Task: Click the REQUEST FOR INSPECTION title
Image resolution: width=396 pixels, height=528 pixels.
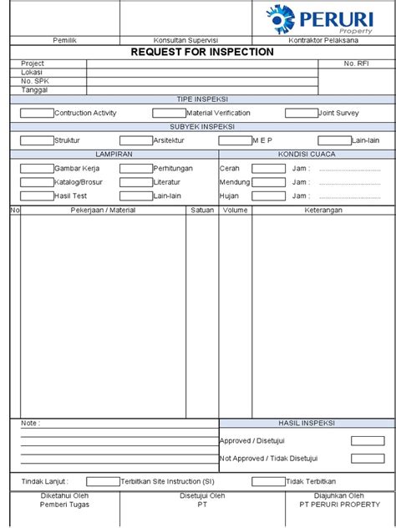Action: point(202,52)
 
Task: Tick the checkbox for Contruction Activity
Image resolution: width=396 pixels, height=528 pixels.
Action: point(37,113)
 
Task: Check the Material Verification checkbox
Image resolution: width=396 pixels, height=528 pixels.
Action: point(169,113)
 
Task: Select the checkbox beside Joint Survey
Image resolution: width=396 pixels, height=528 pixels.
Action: point(302,113)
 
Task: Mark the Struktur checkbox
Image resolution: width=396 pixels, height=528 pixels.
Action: point(37,140)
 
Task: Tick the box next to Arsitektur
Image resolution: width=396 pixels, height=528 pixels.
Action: point(136,140)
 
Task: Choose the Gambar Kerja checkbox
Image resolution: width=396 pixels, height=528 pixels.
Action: point(37,168)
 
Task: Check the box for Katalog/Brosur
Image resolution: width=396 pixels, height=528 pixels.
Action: point(37,182)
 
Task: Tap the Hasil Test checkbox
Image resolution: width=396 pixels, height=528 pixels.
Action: point(37,195)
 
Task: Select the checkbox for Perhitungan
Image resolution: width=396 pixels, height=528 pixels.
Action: point(136,168)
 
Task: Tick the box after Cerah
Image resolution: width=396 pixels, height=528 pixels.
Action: point(268,168)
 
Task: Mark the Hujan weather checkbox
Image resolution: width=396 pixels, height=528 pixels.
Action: point(268,195)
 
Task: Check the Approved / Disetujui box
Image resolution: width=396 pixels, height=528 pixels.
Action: point(368,441)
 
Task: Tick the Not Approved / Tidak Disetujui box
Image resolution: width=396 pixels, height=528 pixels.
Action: point(368,458)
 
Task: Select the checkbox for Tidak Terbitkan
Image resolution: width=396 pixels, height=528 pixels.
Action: point(268,481)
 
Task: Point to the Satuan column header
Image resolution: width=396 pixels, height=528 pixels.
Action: point(202,210)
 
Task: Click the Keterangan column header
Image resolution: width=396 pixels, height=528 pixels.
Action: point(323,210)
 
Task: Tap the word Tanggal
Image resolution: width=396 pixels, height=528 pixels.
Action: point(34,89)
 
